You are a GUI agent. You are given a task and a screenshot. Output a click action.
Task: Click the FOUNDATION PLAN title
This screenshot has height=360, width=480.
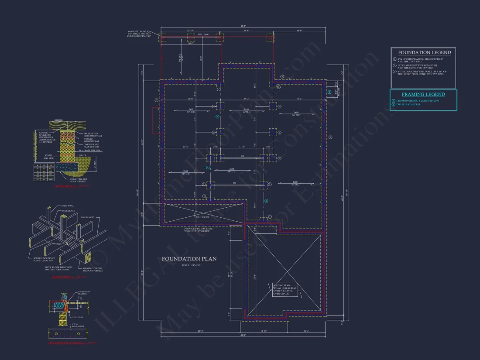coord(189,259)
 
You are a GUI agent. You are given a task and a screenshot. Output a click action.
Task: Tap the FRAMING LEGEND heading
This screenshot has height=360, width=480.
coord(423,94)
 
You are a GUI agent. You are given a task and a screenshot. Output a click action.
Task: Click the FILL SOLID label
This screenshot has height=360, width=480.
coord(202,217)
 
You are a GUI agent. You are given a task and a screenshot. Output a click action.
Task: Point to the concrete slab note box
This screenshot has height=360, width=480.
coord(285,290)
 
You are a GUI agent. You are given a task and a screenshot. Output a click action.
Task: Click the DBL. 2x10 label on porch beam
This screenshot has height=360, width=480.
coord(203,34)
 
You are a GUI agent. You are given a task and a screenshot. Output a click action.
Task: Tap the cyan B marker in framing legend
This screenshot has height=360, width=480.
coord(394,105)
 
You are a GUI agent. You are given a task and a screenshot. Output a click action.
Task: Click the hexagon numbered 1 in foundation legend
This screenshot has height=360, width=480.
coord(394,58)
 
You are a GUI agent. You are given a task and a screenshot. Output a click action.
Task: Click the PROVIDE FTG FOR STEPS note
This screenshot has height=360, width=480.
coord(197,230)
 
